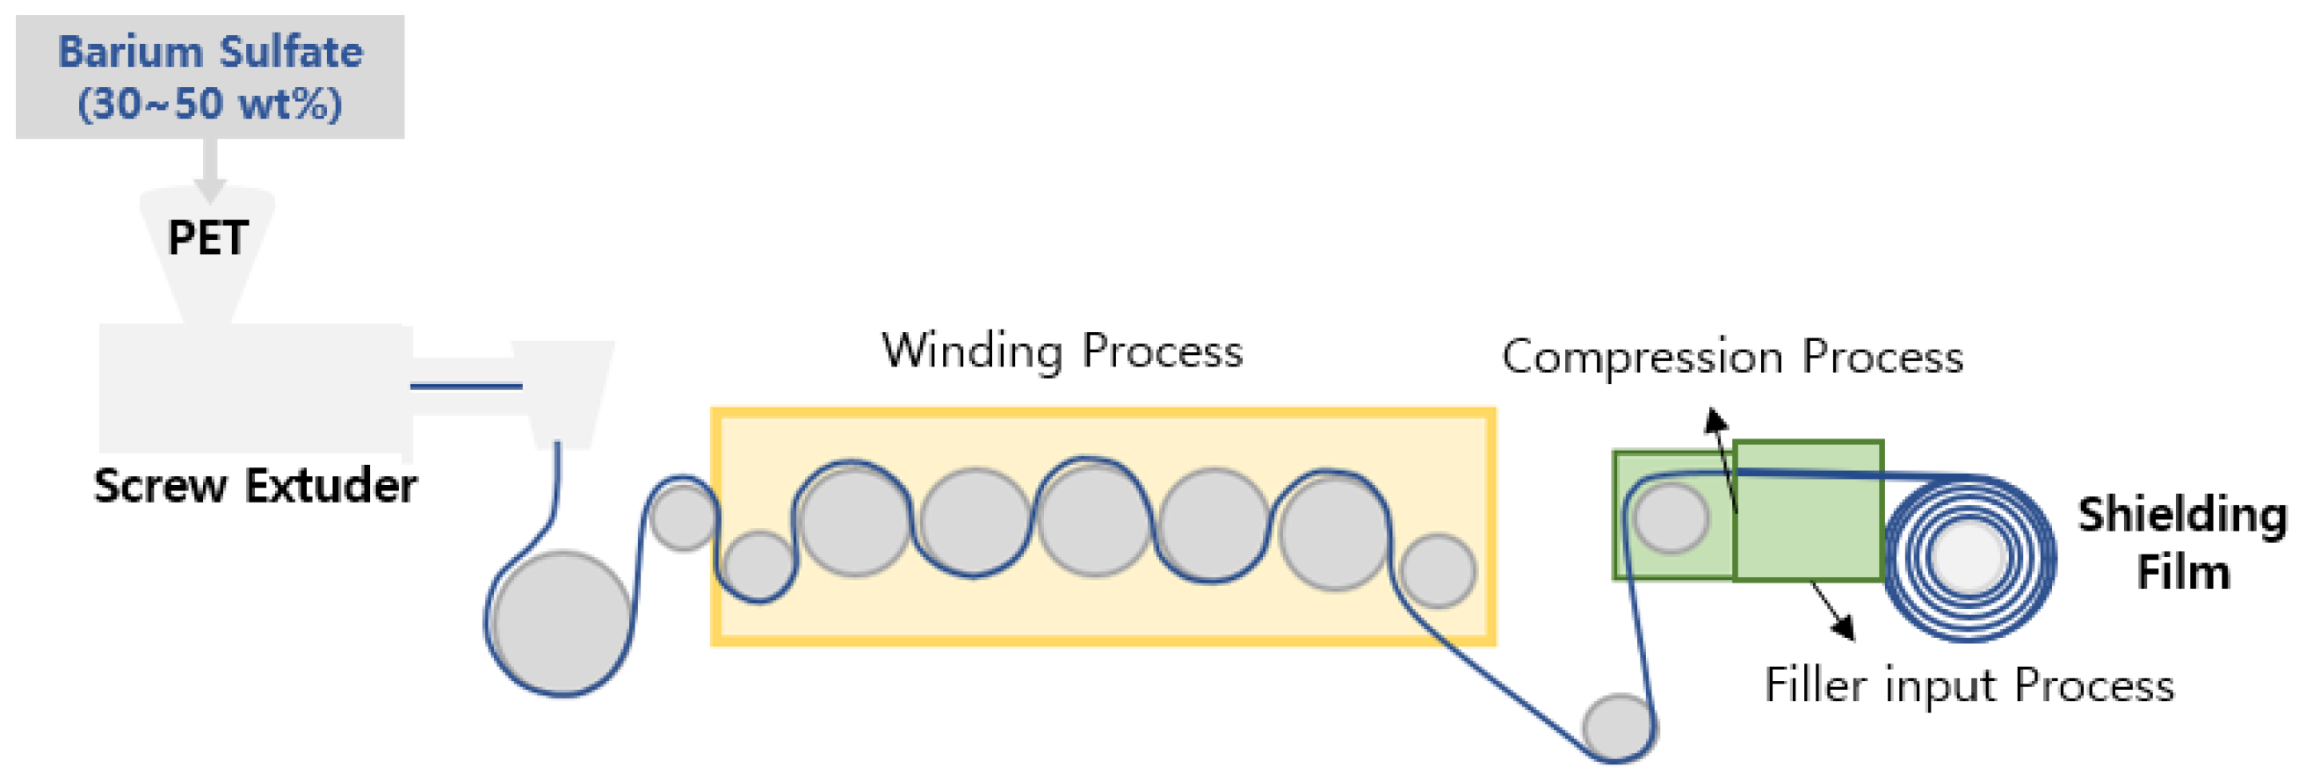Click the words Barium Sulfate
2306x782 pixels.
[210, 52]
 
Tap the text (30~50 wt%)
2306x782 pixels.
[210, 104]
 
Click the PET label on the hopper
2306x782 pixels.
[207, 238]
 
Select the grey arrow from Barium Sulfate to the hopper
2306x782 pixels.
[208, 170]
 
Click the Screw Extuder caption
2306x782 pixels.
[255, 486]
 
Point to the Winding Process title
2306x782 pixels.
[1062, 351]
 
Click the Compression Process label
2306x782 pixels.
[1731, 357]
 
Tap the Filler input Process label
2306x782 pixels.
[1969, 685]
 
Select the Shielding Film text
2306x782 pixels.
[2181, 542]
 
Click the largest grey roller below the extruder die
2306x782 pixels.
[562, 623]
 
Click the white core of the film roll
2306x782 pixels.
[1969, 556]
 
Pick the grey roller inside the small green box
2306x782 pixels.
[1671, 518]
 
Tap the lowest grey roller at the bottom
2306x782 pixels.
[1619, 727]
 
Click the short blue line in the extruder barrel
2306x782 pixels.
[466, 387]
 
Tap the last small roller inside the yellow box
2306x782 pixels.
[1438, 571]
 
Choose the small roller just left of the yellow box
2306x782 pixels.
[683, 518]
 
